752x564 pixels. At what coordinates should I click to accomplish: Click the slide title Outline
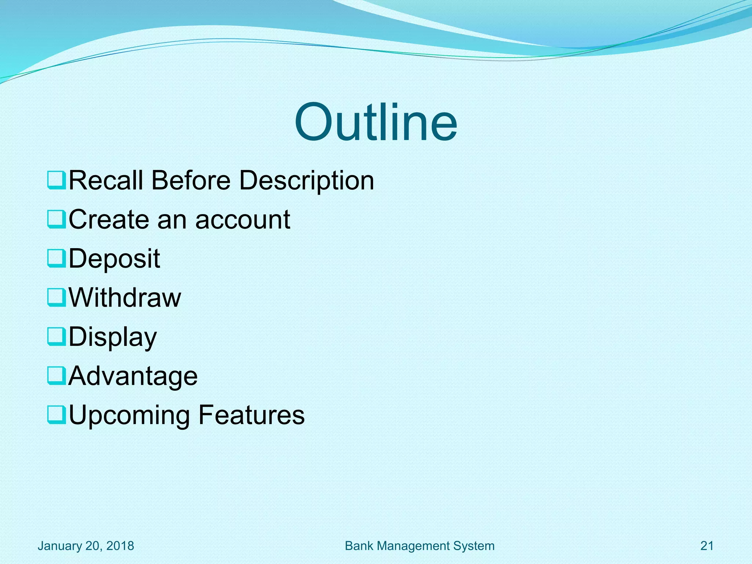(x=376, y=122)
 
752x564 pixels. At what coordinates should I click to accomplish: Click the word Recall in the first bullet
(x=106, y=180)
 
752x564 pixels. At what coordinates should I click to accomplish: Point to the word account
(x=243, y=220)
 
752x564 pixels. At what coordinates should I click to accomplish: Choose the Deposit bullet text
(x=114, y=258)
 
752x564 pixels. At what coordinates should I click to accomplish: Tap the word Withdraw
(x=125, y=297)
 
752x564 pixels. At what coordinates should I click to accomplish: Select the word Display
(x=113, y=337)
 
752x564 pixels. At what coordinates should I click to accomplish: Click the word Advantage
(x=133, y=376)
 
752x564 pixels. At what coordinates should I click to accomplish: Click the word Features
(x=252, y=415)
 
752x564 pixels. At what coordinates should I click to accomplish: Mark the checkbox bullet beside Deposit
(x=57, y=258)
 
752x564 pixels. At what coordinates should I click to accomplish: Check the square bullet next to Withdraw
(x=57, y=297)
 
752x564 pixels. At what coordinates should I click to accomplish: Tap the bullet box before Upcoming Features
(x=57, y=415)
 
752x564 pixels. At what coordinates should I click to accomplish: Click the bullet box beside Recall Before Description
(x=57, y=180)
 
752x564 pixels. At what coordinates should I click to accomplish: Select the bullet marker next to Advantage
(x=57, y=376)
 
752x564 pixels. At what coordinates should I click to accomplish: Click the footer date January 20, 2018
(x=86, y=546)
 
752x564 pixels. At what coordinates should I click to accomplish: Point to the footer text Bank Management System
(x=420, y=546)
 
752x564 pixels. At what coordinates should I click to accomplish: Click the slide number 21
(x=707, y=546)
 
